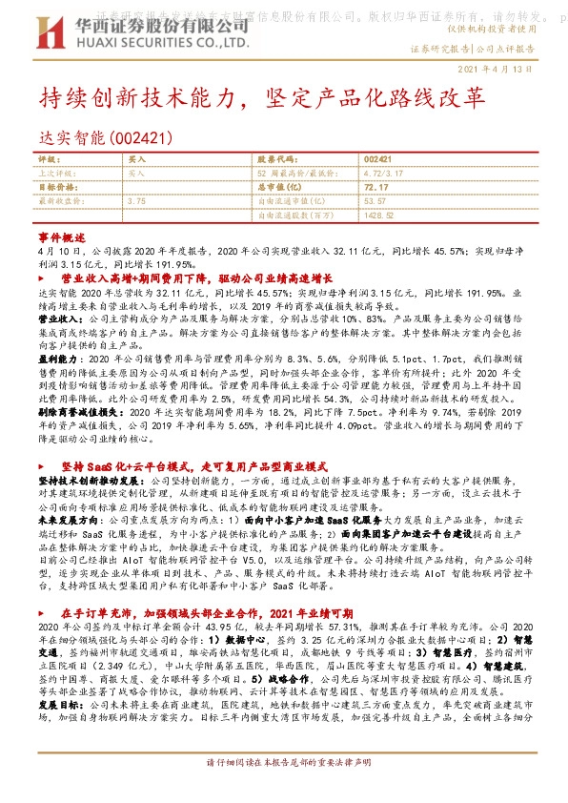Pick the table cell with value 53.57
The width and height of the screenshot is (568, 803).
[x=375, y=202]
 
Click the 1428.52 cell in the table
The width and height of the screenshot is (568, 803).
[x=379, y=216]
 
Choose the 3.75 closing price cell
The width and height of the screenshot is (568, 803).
[x=136, y=202]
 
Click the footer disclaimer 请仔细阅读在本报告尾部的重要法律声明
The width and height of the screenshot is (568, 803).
[x=283, y=791]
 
